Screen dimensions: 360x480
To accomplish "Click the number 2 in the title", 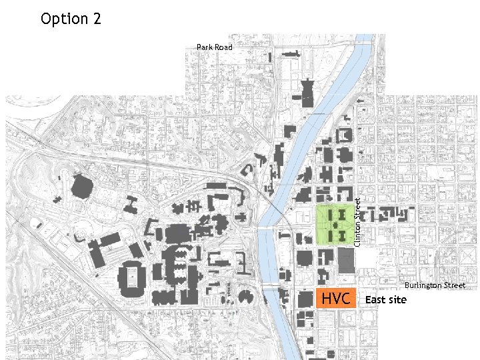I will [97, 19].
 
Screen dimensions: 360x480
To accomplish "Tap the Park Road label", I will [215, 47].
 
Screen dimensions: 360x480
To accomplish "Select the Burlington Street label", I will [435, 285].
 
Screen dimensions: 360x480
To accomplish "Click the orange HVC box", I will [336, 299].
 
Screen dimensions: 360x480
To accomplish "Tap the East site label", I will [385, 299].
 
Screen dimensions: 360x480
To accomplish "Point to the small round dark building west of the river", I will [244, 297].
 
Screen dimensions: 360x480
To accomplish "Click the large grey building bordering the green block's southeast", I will [347, 261].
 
